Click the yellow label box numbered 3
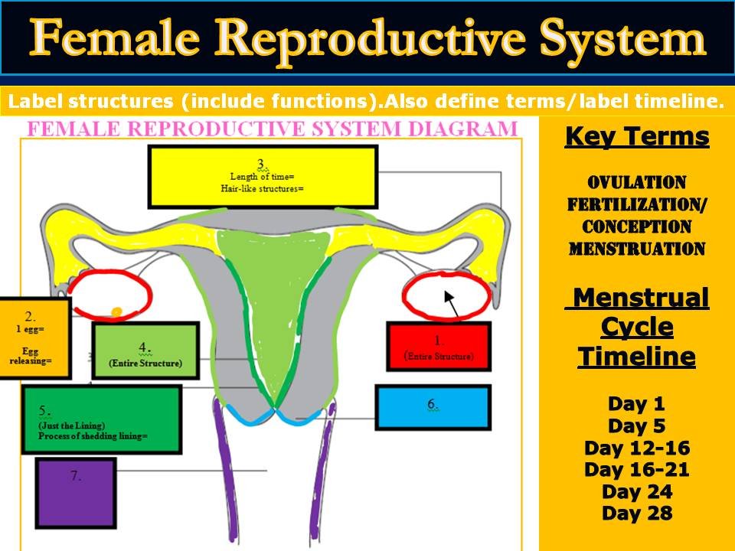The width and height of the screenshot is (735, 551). [263, 176]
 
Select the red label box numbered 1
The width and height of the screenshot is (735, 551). [439, 346]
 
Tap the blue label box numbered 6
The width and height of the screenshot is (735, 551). [433, 407]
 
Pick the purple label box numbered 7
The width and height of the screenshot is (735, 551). [76, 494]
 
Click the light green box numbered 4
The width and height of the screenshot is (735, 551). [145, 350]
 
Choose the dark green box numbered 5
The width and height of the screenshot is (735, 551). [102, 419]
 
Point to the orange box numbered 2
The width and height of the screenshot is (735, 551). [34, 337]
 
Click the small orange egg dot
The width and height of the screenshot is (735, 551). [116, 311]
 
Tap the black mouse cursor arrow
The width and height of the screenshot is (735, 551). [451, 303]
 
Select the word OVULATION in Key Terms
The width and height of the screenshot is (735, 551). [636, 182]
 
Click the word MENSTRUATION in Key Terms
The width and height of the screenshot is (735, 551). [636, 249]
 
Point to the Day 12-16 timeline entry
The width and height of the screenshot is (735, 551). [636, 448]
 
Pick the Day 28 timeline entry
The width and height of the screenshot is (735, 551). [636, 513]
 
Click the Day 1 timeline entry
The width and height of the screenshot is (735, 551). [636, 404]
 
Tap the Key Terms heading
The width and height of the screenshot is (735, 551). [637, 137]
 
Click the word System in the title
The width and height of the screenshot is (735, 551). [622, 39]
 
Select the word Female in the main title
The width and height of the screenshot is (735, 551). [115, 37]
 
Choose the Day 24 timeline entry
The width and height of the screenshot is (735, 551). [636, 491]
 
